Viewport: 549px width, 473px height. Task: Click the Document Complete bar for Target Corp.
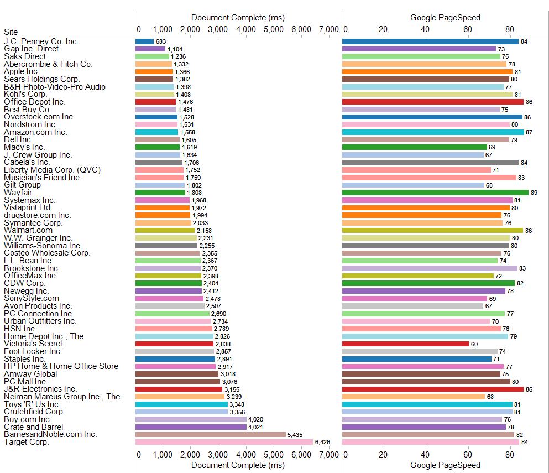point(224,442)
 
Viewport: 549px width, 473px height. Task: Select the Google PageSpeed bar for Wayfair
point(435,193)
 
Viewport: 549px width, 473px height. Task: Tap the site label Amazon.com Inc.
point(35,132)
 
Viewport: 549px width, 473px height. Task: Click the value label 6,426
point(322,442)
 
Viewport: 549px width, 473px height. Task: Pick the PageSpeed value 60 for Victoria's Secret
point(474,344)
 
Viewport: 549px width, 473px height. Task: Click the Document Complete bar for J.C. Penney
point(145,41)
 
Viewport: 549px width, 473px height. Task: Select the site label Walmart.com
point(28,230)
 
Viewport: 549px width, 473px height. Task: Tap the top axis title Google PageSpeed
point(445,18)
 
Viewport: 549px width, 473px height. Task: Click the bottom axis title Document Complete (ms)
point(238,465)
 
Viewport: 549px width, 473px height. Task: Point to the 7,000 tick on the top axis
point(329,29)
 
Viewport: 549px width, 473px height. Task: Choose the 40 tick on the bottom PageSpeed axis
point(425,455)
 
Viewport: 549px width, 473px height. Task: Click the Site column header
point(11,32)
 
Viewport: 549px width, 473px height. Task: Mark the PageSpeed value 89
point(534,193)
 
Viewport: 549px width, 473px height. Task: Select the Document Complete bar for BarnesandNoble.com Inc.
point(211,434)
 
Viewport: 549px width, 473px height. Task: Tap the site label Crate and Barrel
point(33,427)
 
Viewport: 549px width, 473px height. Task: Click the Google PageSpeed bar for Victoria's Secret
point(405,344)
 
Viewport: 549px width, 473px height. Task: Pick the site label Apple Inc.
point(22,71)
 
